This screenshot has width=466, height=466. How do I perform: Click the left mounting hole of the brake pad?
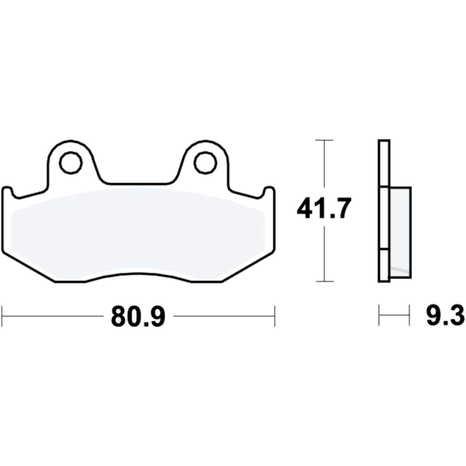(x=70, y=163)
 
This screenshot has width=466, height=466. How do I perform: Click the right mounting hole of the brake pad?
(x=206, y=163)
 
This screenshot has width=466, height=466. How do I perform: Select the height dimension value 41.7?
(x=323, y=210)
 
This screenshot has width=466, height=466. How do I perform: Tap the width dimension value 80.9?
(x=138, y=317)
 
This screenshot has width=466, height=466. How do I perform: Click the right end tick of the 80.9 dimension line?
(x=275, y=316)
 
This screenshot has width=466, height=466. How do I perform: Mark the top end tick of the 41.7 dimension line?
(x=324, y=140)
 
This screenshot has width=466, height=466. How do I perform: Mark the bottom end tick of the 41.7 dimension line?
(x=324, y=281)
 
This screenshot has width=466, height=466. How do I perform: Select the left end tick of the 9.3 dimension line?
(x=379, y=316)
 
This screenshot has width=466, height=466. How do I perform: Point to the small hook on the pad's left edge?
(x=8, y=191)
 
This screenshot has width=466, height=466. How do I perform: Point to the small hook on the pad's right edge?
(x=269, y=191)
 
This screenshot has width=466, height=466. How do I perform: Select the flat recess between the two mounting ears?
(x=138, y=184)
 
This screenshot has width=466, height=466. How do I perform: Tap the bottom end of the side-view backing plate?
(x=384, y=281)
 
